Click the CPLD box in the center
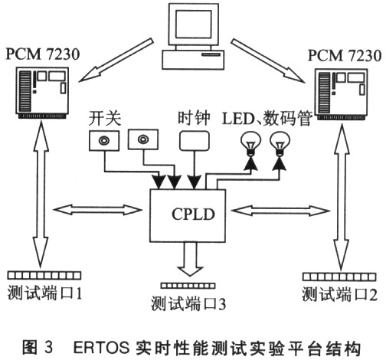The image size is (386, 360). tap(188, 215)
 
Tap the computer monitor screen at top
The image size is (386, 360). tap(193, 25)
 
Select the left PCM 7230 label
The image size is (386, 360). tap(43, 54)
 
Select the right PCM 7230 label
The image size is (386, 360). tap(345, 55)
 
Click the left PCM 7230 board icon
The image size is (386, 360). tap(42, 93)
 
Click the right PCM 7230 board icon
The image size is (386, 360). tap(342, 94)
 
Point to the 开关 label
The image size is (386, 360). tap(105, 119)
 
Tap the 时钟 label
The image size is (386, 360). tap(194, 118)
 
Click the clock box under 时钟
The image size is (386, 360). tap(195, 141)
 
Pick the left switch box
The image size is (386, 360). tap(104, 140)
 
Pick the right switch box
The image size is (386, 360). tap(143, 139)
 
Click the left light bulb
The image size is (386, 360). tap(250, 144)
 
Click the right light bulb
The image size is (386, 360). tap(280, 144)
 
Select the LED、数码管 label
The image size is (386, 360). tap(267, 118)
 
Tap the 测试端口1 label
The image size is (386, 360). tap(44, 293)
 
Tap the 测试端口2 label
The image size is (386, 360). tap(339, 293)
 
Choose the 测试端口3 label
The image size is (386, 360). tap(188, 303)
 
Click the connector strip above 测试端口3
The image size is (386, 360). tap(188, 286)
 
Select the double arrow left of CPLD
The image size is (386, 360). tap(97, 210)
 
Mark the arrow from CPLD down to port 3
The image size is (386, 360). tap(190, 259)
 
